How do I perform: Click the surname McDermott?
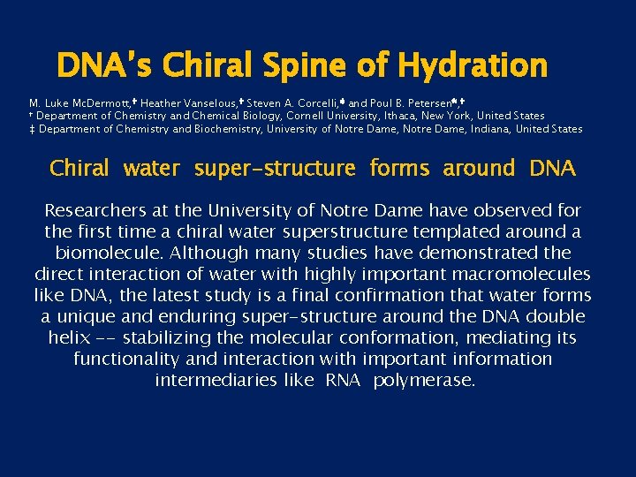click(104, 102)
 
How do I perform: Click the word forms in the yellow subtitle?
click(397, 168)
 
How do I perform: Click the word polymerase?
click(424, 381)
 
